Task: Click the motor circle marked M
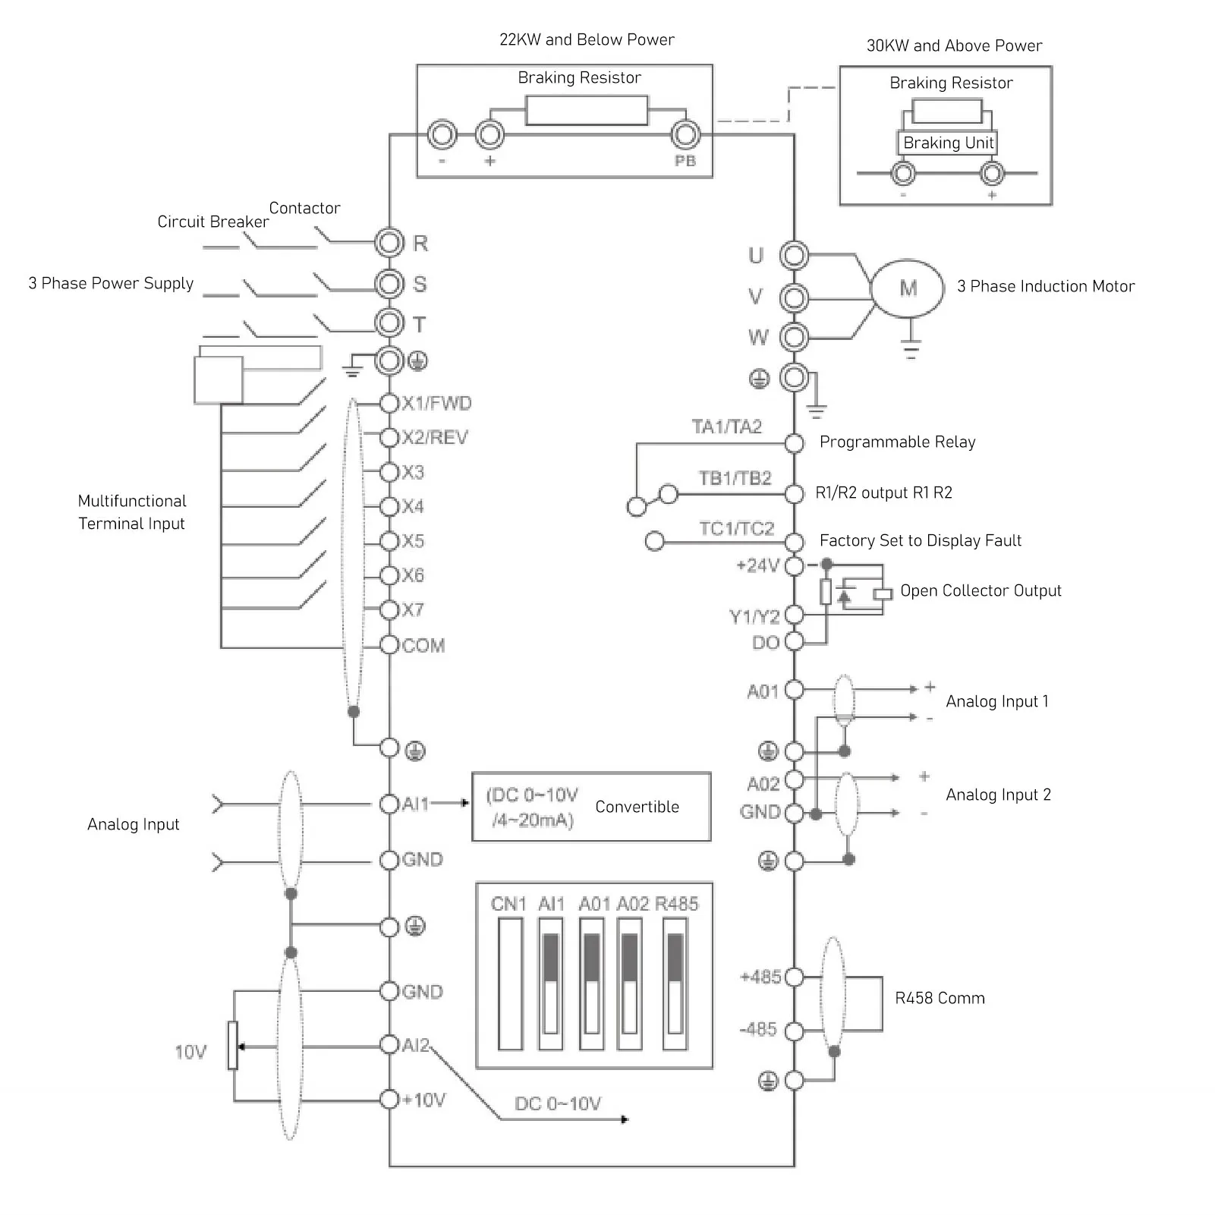pos(908,288)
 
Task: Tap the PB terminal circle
pos(685,135)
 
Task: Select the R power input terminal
pos(389,243)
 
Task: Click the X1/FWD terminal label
pos(436,403)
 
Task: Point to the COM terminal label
pos(423,646)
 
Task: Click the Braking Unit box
pos(948,143)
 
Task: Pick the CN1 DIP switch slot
pos(510,984)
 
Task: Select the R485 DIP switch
pos(675,984)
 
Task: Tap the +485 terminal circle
pos(794,977)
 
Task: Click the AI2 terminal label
pos(416,1045)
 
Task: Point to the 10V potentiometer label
pos(190,1052)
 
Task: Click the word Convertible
pos(637,807)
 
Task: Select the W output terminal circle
pos(794,336)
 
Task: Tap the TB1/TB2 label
pos(735,478)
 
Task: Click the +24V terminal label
pos(757,565)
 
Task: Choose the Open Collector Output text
pos(980,590)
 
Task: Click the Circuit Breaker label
pos(212,222)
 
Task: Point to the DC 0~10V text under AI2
pos(558,1103)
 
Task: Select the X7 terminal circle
pos(389,609)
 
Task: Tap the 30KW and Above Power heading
pos(954,46)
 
